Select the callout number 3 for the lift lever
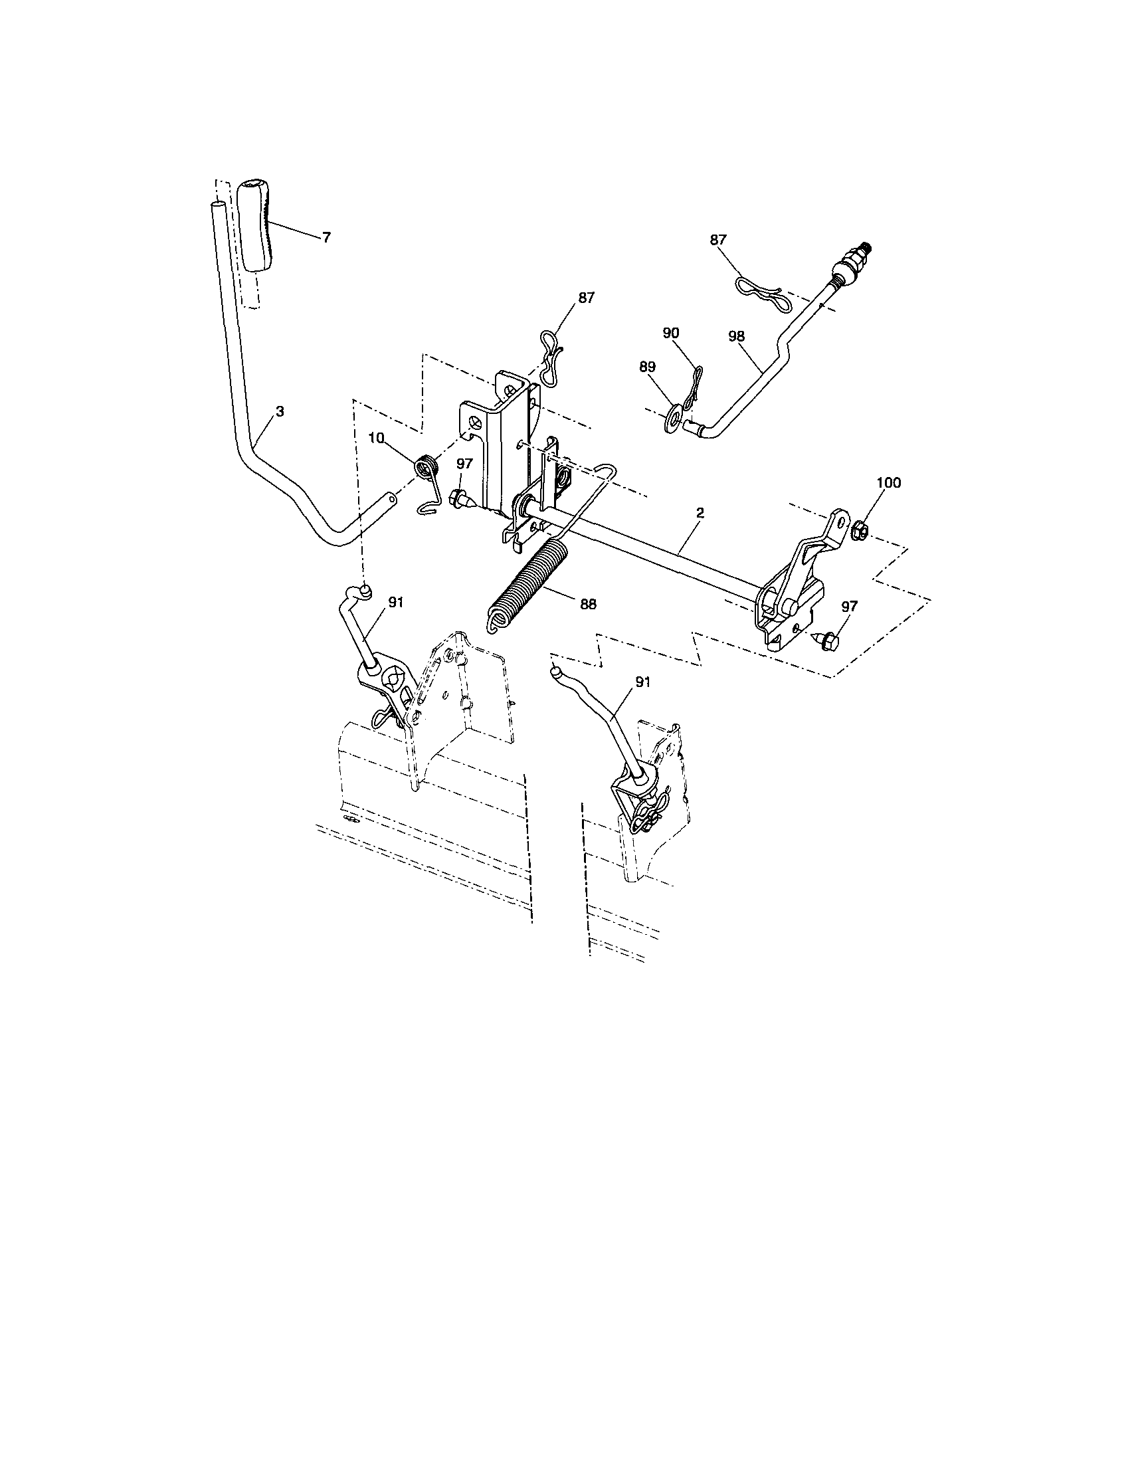(x=280, y=411)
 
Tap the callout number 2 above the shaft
(x=700, y=513)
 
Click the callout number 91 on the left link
(x=395, y=603)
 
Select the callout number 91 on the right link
(x=642, y=682)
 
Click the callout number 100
(x=888, y=482)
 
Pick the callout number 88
(x=587, y=604)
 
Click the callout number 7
(x=326, y=237)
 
